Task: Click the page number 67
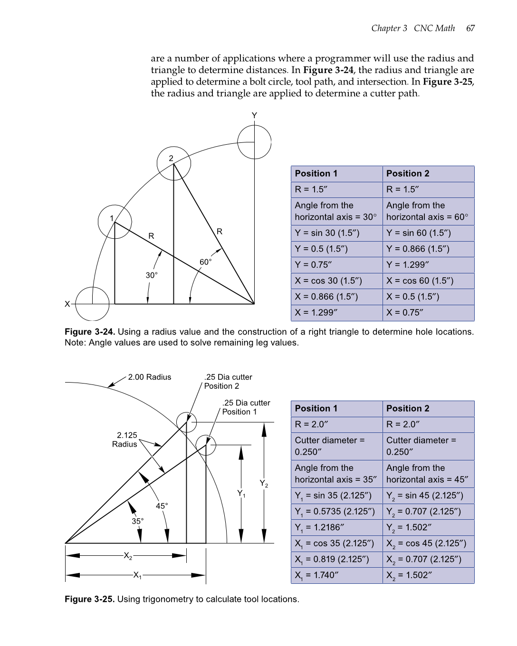[x=470, y=28]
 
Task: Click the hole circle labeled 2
[x=173, y=163]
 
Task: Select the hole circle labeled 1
[x=115, y=222]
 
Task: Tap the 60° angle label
[x=205, y=262]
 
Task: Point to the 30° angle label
[x=152, y=275]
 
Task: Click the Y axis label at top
[x=254, y=116]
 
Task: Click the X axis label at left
[x=67, y=304]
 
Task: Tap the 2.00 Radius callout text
[x=149, y=377]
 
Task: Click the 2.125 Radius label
[x=126, y=440]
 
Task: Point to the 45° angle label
[x=162, y=506]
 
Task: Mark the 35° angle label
[x=137, y=521]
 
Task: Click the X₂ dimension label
[x=128, y=555]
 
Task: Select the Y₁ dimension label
[x=241, y=494]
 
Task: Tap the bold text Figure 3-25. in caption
[x=89, y=599]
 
